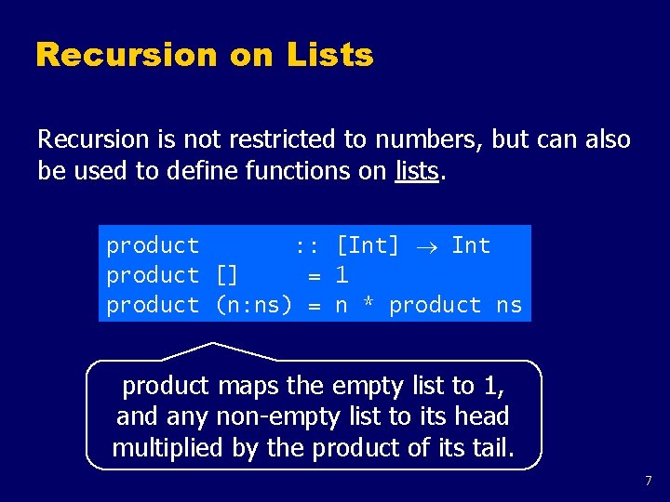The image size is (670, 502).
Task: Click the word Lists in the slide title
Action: (x=330, y=55)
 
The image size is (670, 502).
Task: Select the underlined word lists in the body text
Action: (x=416, y=171)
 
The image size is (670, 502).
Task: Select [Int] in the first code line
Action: (x=368, y=245)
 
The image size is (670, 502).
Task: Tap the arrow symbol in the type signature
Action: (x=425, y=246)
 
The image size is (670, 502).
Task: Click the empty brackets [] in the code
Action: (x=227, y=275)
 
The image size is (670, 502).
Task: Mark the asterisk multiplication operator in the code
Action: (x=368, y=306)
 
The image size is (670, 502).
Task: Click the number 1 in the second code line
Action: (x=342, y=275)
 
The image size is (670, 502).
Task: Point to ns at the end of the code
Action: (x=509, y=305)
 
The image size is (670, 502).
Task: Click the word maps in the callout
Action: (x=244, y=385)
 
